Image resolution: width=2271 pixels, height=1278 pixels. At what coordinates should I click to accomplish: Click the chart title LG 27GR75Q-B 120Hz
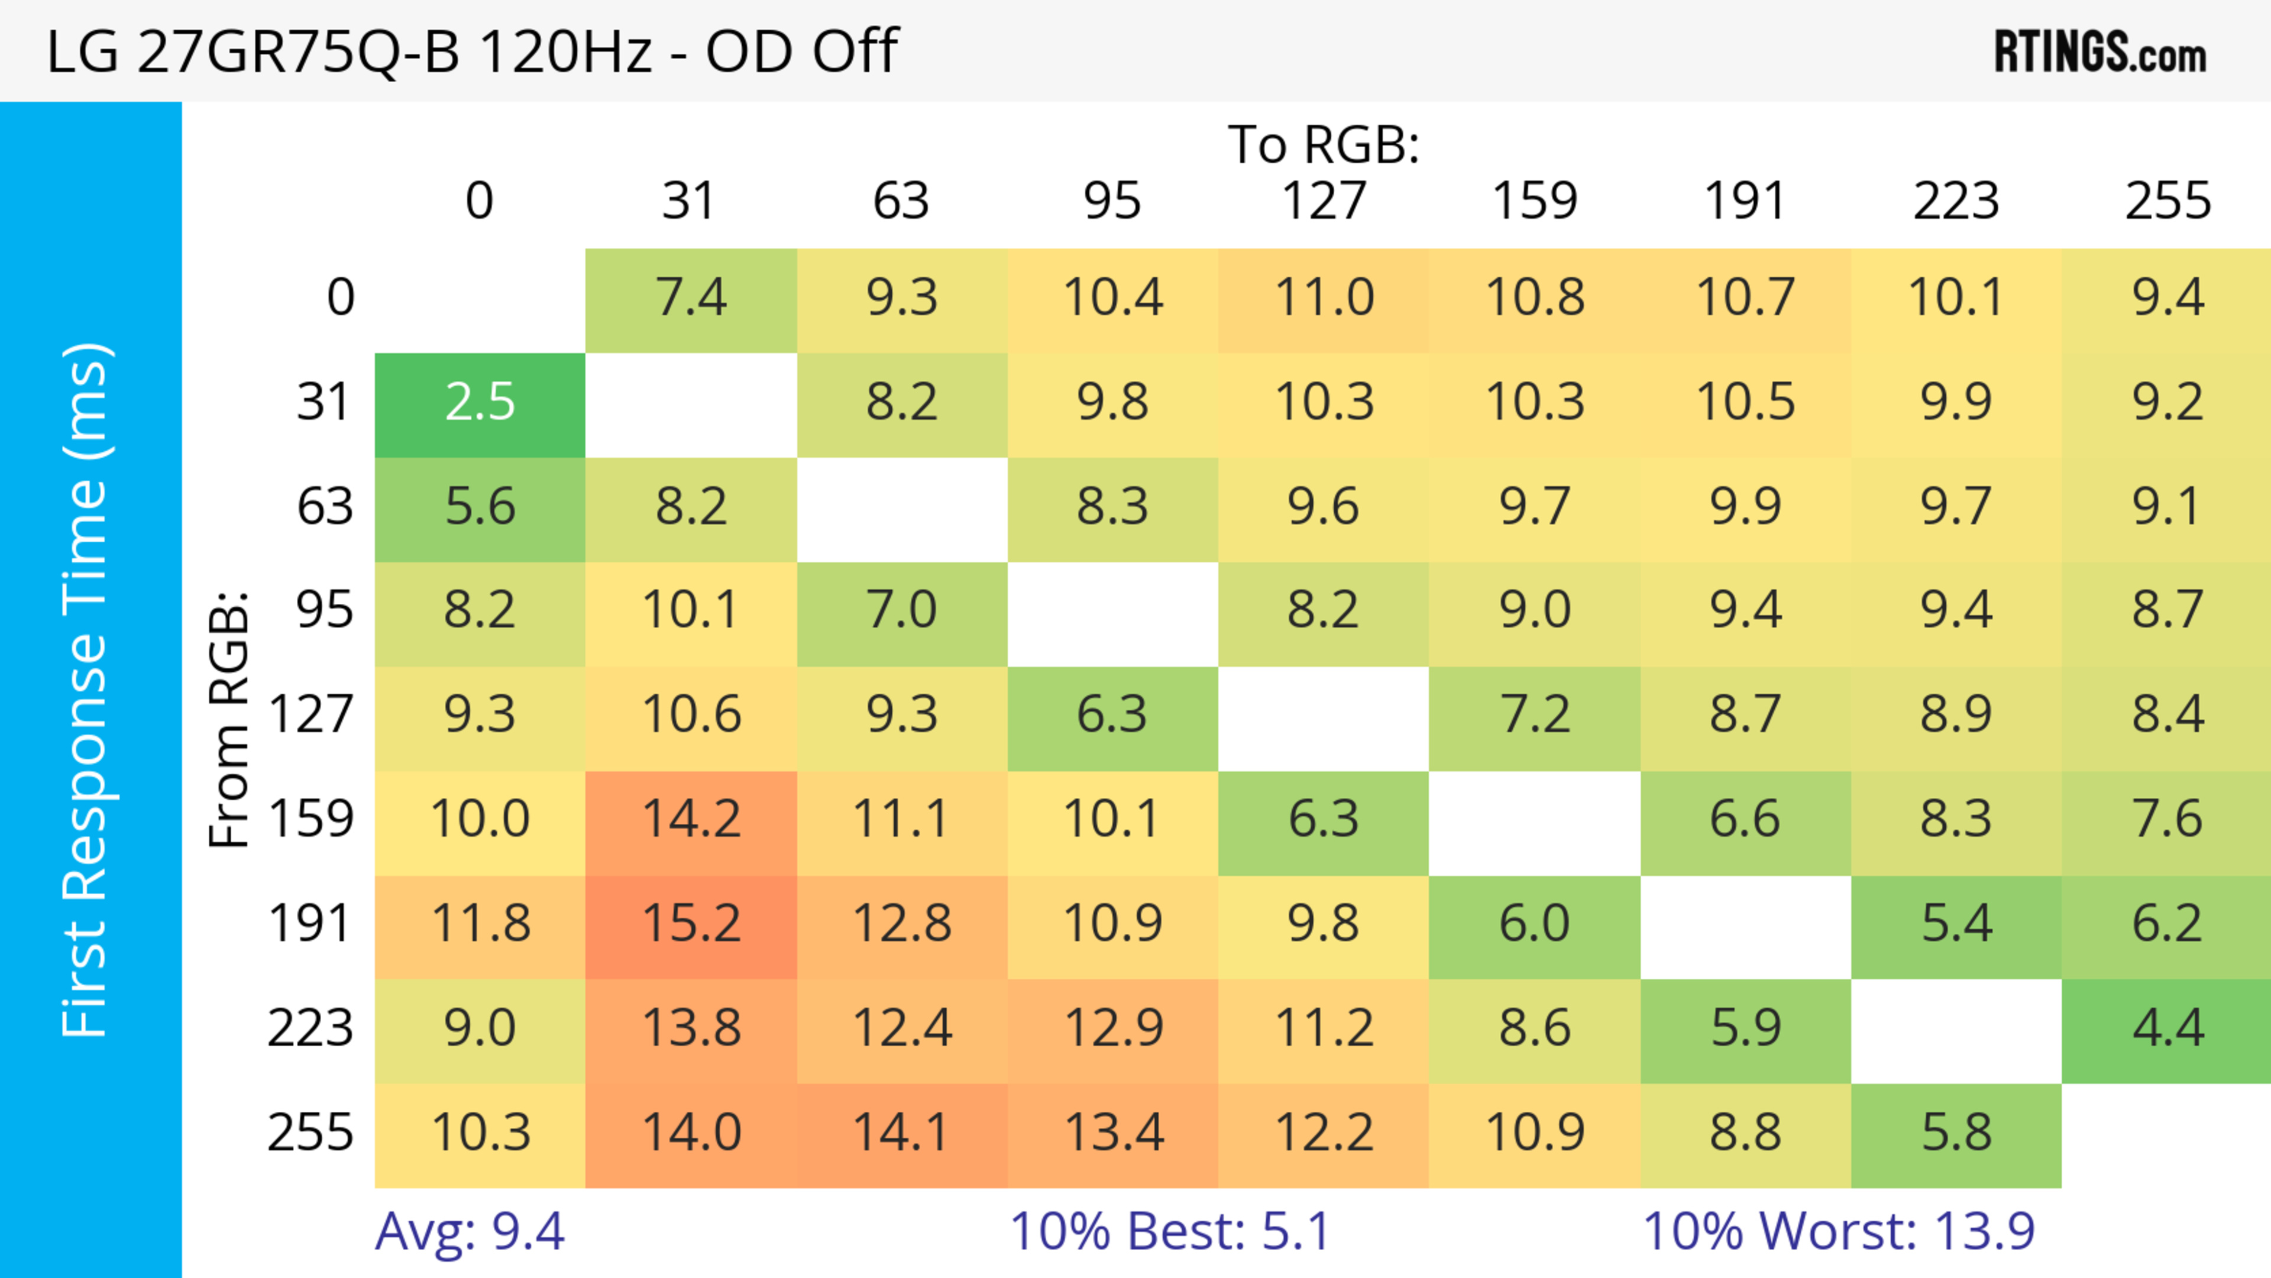click(472, 51)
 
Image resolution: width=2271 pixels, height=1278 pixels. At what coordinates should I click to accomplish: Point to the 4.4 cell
click(2167, 1028)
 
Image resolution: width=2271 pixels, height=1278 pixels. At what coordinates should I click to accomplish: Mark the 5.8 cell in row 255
click(1955, 1133)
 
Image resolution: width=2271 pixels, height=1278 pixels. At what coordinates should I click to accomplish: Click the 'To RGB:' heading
click(1324, 144)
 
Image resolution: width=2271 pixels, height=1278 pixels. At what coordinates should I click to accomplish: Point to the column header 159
click(1534, 201)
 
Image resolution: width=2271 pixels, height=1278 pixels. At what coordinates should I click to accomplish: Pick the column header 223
click(1955, 201)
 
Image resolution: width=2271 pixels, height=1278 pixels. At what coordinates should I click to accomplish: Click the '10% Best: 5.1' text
click(1169, 1231)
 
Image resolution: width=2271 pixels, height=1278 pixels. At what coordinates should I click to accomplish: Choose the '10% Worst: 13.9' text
click(1838, 1231)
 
